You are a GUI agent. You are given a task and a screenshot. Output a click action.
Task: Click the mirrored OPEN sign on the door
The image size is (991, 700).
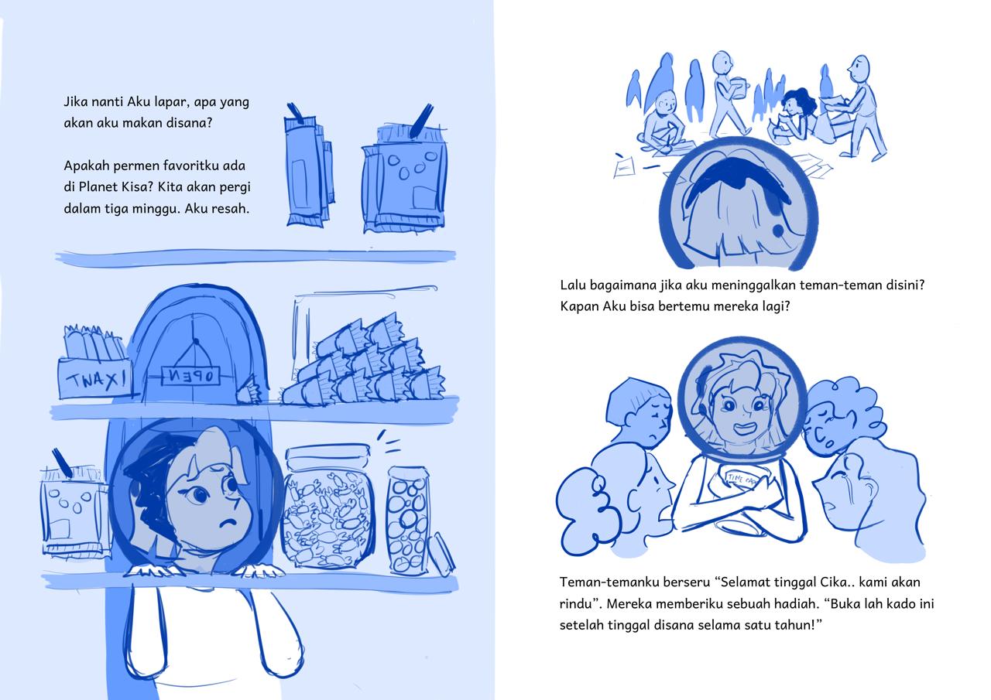pos(190,376)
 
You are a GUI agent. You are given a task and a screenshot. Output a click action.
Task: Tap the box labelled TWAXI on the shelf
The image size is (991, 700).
pos(95,378)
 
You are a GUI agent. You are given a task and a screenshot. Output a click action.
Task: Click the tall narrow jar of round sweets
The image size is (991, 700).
pos(408,521)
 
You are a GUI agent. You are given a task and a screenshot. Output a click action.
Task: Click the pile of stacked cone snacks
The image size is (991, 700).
pos(363,361)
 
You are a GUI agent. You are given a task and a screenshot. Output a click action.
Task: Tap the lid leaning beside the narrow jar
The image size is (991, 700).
pos(441,555)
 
